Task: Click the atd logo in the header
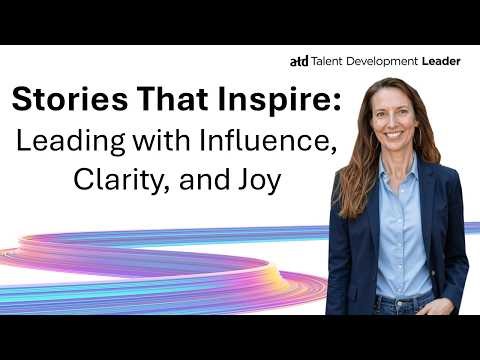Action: pyautogui.click(x=298, y=61)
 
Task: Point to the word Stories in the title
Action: pyautogui.click(x=61, y=101)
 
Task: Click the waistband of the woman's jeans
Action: pyautogui.click(x=405, y=297)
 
